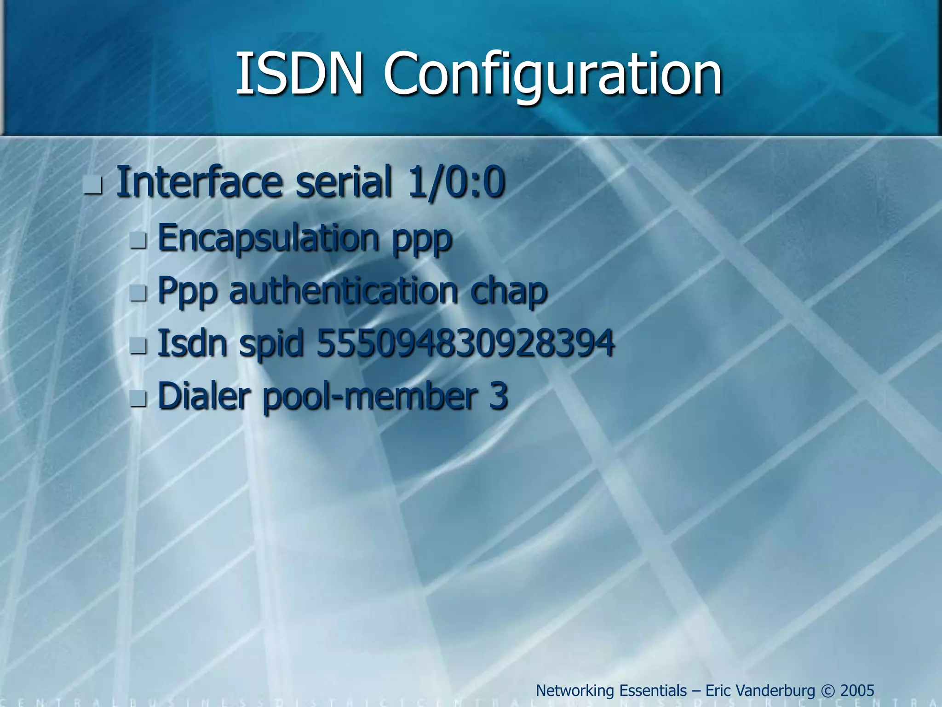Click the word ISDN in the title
coord(299,74)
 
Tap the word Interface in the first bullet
coord(199,182)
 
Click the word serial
coord(344,182)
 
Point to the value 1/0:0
coord(456,183)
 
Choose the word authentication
coord(344,291)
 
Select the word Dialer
coord(204,396)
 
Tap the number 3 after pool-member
coord(499,396)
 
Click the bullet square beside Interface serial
coord(93,187)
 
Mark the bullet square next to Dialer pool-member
coord(138,399)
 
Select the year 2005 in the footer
coord(857,690)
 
